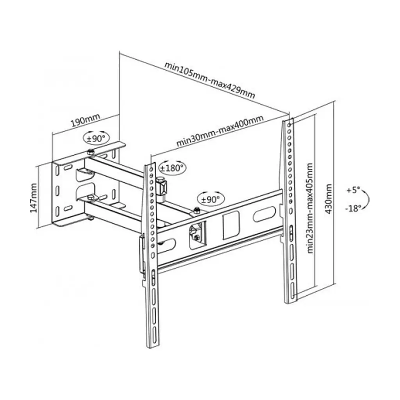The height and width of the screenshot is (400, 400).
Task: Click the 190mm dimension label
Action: (x=85, y=121)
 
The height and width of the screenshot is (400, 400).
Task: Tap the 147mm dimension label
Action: (x=34, y=198)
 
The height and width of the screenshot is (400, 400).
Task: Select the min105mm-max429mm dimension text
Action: (x=209, y=80)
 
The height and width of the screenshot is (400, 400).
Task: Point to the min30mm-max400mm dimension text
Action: (x=220, y=131)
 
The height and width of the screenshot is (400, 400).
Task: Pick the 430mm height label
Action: (x=329, y=199)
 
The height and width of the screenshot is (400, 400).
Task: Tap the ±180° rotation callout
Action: (x=172, y=168)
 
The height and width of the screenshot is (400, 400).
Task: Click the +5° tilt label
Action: (x=353, y=190)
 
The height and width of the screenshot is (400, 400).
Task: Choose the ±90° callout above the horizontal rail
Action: (x=211, y=199)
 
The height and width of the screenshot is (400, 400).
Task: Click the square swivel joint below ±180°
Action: (x=162, y=187)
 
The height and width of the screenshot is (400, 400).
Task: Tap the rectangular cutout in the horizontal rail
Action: (x=231, y=225)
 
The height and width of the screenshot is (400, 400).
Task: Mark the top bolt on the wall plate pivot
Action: (x=90, y=152)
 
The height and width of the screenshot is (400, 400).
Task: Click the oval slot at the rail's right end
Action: (x=264, y=213)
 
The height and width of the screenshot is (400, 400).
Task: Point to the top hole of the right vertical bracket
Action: (x=289, y=125)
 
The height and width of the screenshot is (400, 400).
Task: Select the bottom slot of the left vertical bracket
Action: (x=155, y=331)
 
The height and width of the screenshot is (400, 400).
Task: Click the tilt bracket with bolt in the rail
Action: (x=197, y=234)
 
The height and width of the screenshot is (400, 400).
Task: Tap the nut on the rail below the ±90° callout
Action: (x=197, y=210)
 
